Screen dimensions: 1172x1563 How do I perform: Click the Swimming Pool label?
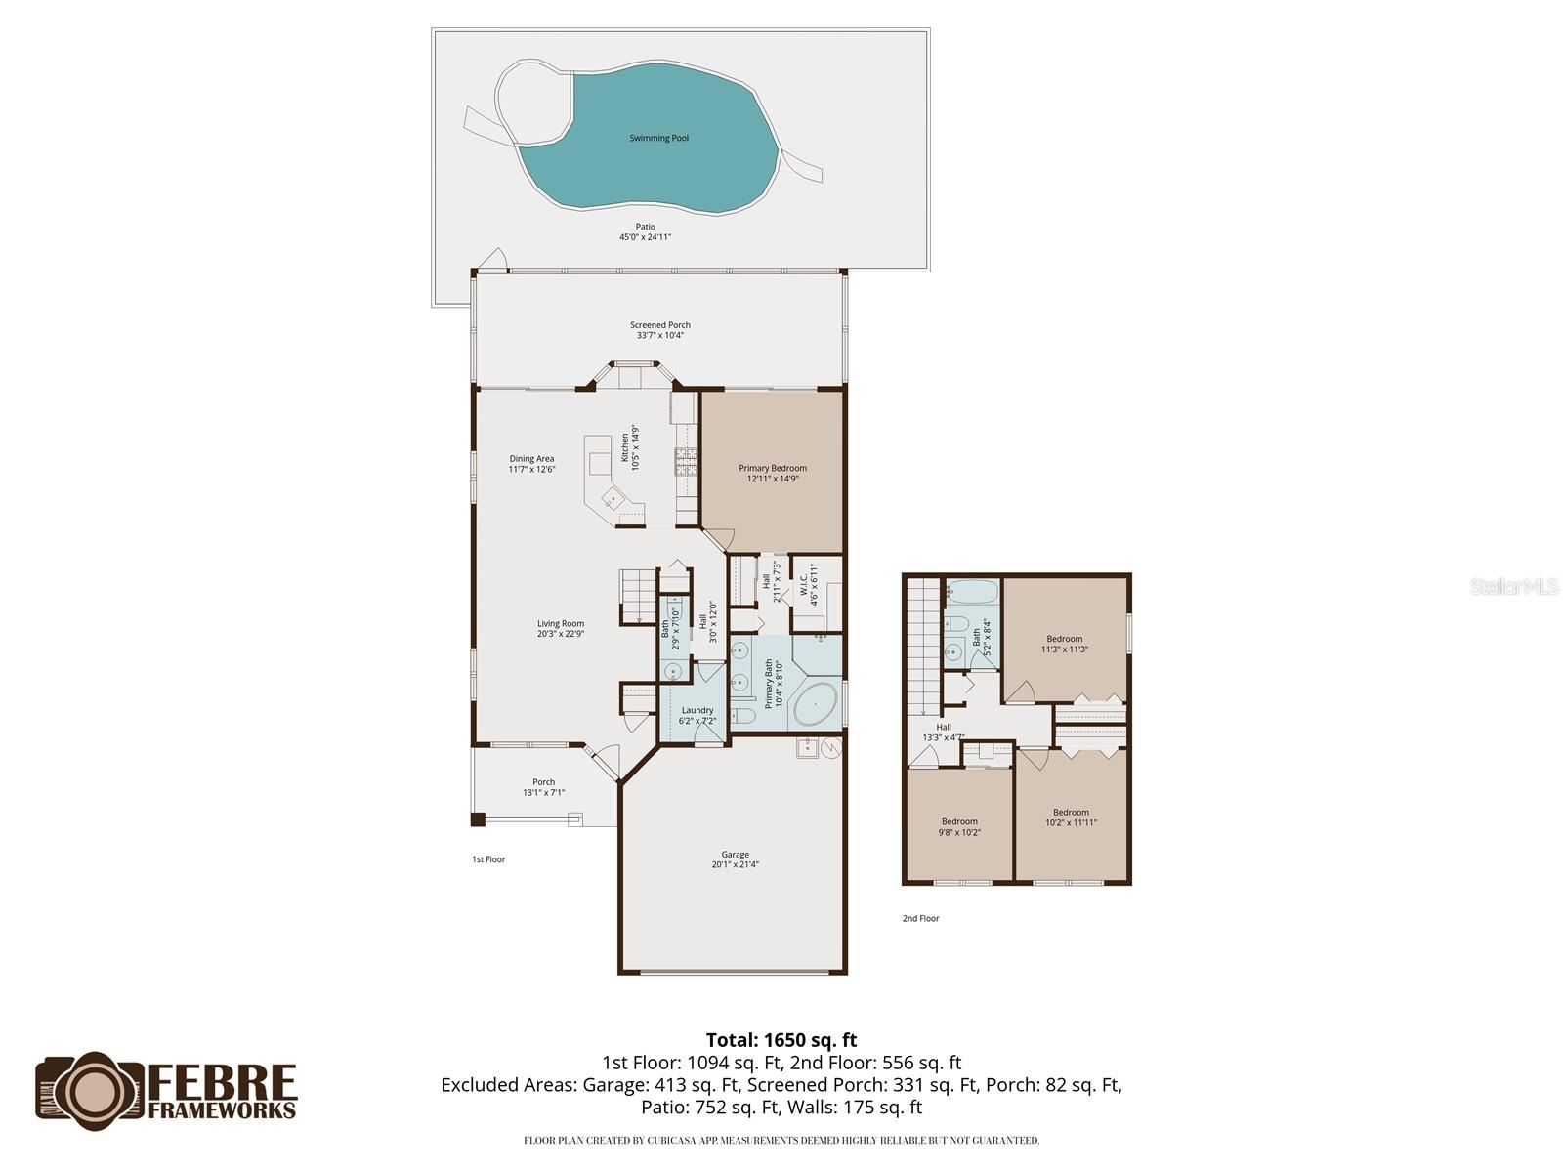[x=658, y=138]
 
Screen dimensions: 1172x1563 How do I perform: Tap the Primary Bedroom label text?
[x=773, y=469]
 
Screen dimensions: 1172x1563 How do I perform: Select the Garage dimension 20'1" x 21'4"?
[x=735, y=864]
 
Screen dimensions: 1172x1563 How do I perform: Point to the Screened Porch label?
[x=660, y=325]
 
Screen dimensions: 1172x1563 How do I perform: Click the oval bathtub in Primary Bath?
[x=816, y=703]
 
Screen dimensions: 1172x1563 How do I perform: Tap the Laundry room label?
[x=697, y=711]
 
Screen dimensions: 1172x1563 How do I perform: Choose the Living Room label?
[x=561, y=624]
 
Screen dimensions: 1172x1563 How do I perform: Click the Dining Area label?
[x=531, y=459]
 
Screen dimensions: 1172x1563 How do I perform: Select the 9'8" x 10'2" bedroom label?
[x=959, y=822]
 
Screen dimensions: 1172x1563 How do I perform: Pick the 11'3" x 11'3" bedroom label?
[x=1065, y=640]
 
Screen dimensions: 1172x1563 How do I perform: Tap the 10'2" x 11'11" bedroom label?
[x=1071, y=813]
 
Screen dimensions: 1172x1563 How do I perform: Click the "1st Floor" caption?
[x=488, y=859]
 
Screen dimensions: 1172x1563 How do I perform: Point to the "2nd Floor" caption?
[x=920, y=918]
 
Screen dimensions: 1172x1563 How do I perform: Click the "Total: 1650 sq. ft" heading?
[x=781, y=1040]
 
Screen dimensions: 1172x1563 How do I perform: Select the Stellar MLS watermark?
[x=1513, y=586]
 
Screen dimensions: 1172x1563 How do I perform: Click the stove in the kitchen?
[x=686, y=461]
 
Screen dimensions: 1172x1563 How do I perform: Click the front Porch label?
[x=544, y=782]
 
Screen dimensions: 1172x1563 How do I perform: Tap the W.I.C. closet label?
[x=806, y=584]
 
